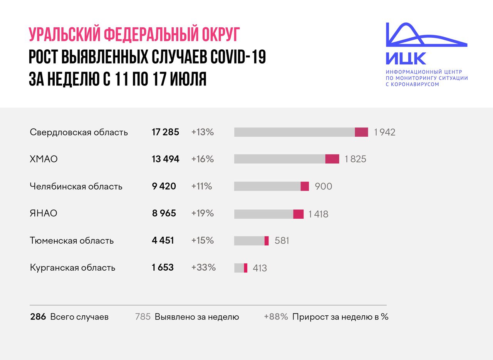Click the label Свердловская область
[x=79, y=132]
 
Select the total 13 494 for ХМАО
[x=165, y=159]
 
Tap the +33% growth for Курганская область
[x=203, y=267]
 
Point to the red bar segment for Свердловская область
[x=361, y=132]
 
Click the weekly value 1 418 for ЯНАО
[x=318, y=214]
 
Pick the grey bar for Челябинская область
[x=267, y=186]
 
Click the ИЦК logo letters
[x=406, y=58]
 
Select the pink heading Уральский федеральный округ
[x=134, y=35]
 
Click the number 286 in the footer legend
[x=38, y=317]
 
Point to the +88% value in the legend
[x=276, y=317]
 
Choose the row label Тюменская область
[x=72, y=241]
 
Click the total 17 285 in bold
[x=165, y=132]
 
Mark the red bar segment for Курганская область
[x=246, y=268]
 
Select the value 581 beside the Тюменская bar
[x=282, y=241]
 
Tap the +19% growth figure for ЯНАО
[x=202, y=213]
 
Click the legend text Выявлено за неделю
[x=197, y=317]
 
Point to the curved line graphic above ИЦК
[x=424, y=37]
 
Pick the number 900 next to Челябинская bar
[x=323, y=186]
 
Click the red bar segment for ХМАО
[x=332, y=159]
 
